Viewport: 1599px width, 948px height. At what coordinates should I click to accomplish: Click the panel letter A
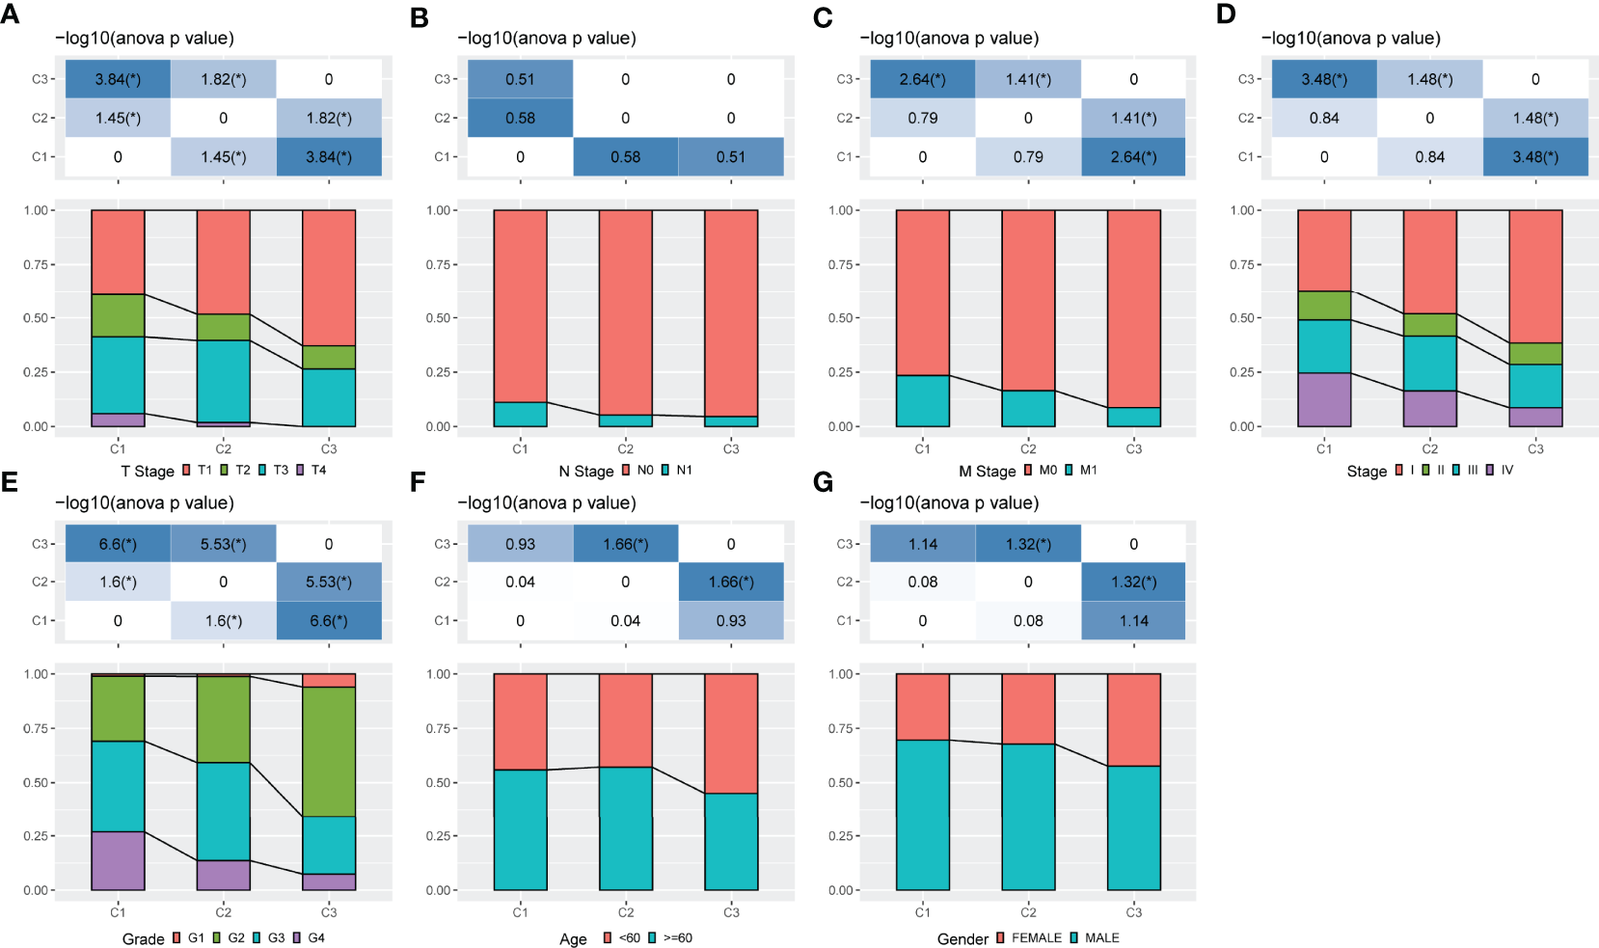click(x=10, y=16)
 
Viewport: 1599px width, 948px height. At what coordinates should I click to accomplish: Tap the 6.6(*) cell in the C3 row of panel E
click(x=118, y=544)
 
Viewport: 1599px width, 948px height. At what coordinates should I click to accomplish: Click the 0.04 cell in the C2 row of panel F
click(x=520, y=582)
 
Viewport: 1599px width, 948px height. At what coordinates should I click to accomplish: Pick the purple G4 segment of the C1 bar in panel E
click(x=118, y=860)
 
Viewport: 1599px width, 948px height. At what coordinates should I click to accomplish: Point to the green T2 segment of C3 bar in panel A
click(x=329, y=357)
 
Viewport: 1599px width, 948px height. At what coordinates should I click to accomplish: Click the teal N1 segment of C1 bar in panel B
click(x=520, y=414)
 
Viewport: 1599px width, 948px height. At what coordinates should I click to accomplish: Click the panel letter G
click(x=823, y=481)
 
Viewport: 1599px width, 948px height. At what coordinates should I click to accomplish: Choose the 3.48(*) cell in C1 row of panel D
click(x=1535, y=157)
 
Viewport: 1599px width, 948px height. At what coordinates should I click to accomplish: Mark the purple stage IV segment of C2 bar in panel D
click(x=1429, y=408)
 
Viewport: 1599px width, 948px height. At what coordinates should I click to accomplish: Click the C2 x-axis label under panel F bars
click(x=625, y=912)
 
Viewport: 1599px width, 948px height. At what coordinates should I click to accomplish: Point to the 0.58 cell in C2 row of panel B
click(x=520, y=118)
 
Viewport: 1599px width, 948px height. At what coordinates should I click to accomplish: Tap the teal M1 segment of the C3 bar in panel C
click(x=1133, y=417)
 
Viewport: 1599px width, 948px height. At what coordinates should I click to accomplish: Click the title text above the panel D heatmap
click(x=1350, y=39)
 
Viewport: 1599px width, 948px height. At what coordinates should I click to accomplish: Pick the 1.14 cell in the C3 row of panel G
click(x=922, y=544)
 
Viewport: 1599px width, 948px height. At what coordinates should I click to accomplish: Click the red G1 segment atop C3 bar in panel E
click(x=329, y=681)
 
